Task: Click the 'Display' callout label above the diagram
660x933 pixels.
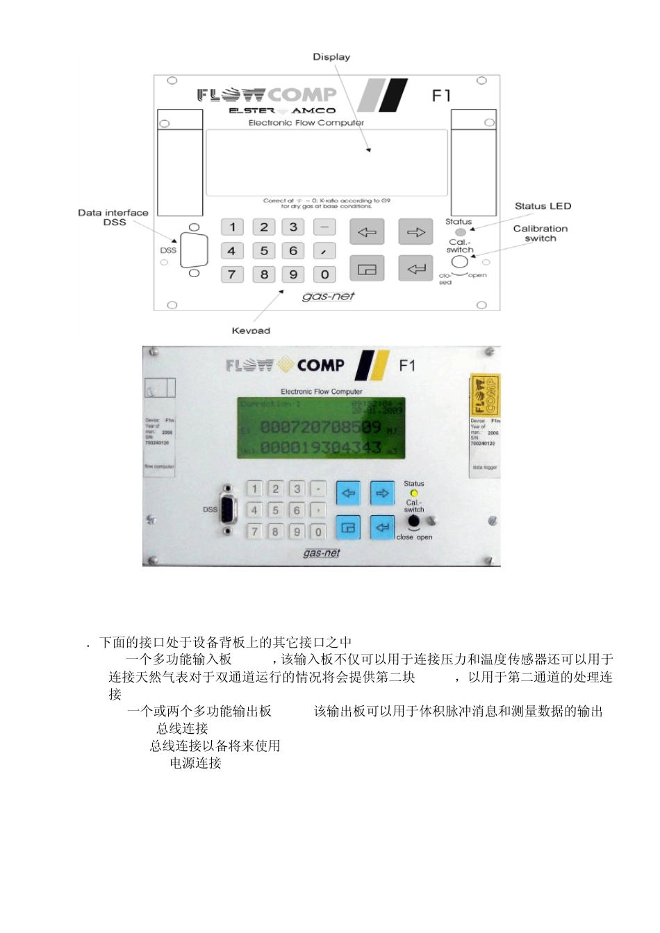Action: tap(331, 57)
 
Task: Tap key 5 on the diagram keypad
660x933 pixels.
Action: tap(264, 251)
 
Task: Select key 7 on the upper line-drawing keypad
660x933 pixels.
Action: tap(232, 274)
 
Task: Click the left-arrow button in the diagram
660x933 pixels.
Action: tap(367, 232)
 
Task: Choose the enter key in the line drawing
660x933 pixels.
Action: tap(415, 269)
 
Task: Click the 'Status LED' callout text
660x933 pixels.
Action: tap(543, 206)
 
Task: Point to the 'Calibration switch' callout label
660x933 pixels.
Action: tap(541, 233)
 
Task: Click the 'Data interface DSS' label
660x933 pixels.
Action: tap(113, 217)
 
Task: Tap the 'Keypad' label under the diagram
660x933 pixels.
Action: tap(251, 330)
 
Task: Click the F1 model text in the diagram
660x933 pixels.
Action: tap(442, 95)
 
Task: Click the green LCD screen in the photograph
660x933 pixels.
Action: tap(322, 428)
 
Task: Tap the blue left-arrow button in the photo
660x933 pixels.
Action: tap(348, 493)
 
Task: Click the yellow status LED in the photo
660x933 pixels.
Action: tap(414, 493)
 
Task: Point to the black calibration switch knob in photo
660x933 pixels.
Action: tap(414, 521)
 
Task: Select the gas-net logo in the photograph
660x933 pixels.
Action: tap(322, 553)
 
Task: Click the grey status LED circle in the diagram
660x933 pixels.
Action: tap(460, 232)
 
